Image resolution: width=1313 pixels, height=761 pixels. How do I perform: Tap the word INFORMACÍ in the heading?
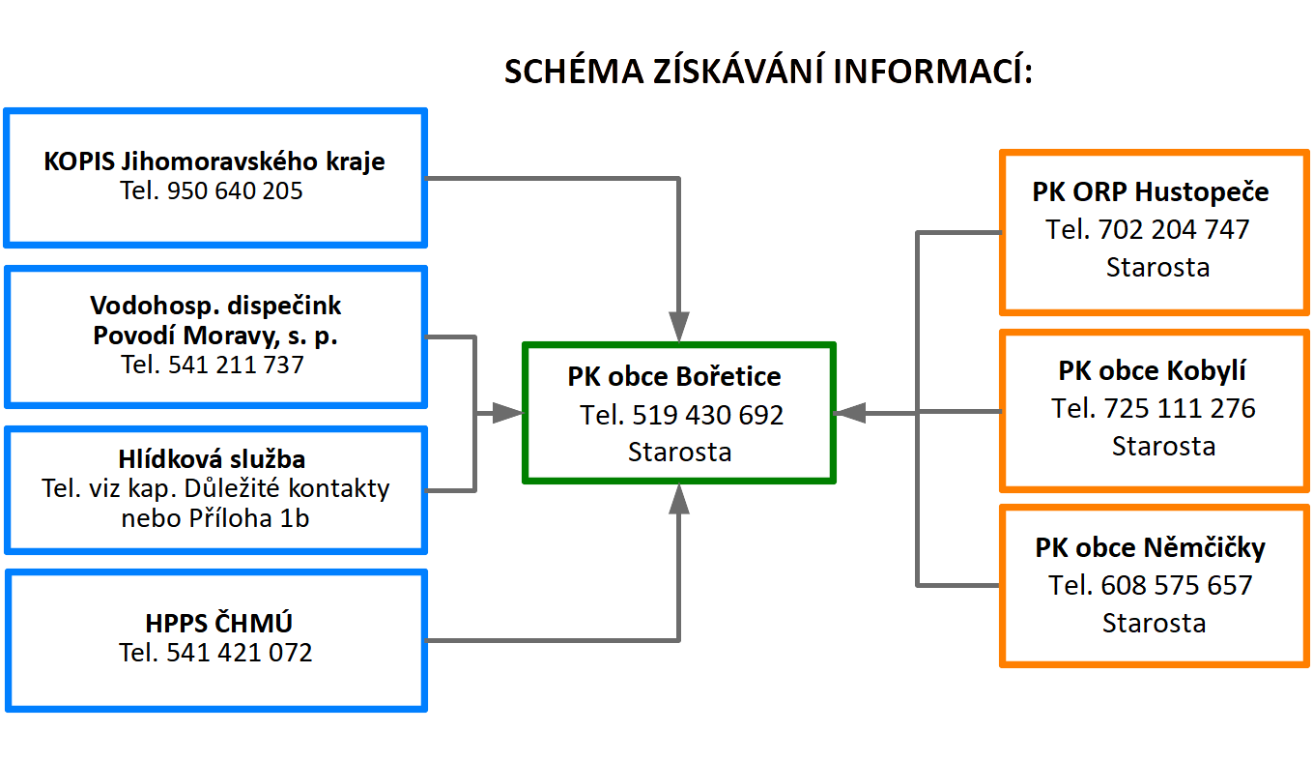coord(932,71)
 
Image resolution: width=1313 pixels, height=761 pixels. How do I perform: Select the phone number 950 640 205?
coord(235,190)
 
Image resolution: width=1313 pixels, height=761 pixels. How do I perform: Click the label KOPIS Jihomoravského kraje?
coord(214,161)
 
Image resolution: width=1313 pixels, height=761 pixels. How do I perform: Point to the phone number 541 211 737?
coord(236,365)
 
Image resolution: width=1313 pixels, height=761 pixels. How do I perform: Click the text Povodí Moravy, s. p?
coord(215,336)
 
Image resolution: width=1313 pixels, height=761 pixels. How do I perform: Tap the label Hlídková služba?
coord(212,459)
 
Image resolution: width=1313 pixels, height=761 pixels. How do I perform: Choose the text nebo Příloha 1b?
coord(215,518)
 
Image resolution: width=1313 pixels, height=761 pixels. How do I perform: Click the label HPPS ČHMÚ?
coord(218,623)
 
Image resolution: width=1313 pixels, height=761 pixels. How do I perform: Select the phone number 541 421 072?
coord(240,653)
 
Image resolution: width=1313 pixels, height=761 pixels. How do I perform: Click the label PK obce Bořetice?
coord(674,377)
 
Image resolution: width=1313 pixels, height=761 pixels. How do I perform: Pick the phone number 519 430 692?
coord(707,416)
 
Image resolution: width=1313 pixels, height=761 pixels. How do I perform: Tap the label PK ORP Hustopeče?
coord(1150,191)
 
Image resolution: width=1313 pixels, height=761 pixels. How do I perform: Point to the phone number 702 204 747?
coord(1174,229)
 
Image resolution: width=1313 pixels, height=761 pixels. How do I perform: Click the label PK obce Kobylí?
coord(1153,370)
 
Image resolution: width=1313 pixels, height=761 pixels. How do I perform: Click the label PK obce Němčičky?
coord(1150,548)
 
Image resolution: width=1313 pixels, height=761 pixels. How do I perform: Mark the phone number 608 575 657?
coord(1177,586)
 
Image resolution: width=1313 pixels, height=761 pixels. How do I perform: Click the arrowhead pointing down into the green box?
coord(679,327)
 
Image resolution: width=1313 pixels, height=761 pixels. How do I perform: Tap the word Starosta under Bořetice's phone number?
coord(680,453)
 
